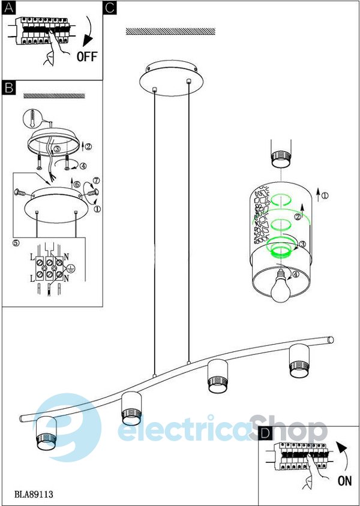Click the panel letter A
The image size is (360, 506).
[x=8, y=8]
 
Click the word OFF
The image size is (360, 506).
[x=86, y=58]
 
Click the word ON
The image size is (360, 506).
[x=345, y=480]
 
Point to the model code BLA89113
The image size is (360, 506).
[x=34, y=495]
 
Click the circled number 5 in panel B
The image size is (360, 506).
[x=16, y=243]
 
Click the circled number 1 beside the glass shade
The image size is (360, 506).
[x=326, y=195]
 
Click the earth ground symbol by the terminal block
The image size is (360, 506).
[x=71, y=268]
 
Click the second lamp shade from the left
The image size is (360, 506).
[x=131, y=408]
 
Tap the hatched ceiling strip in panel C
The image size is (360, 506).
[x=170, y=31]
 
